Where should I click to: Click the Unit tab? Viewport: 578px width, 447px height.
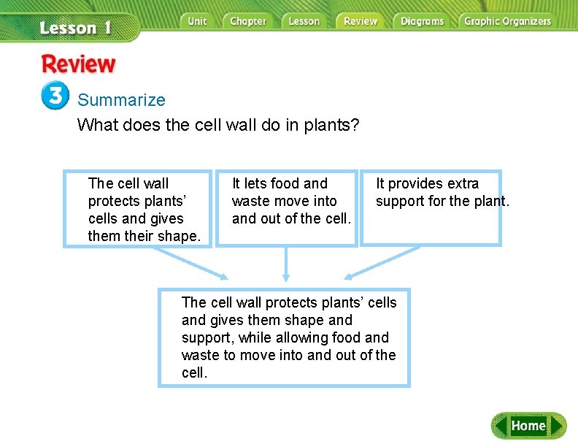197,21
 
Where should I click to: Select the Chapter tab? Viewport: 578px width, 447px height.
248,21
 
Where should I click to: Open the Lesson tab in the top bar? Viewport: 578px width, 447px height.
304,21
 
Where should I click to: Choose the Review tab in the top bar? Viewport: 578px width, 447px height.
361,21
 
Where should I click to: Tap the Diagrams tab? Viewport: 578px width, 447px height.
422,21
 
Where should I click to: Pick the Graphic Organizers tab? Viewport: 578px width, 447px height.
508,21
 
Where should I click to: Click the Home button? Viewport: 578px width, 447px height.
528,426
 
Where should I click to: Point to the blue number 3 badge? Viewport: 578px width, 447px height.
55,96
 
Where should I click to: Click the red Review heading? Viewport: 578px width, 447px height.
78,64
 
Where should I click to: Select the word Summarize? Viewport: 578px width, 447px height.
122,100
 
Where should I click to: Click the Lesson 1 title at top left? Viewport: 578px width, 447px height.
75,28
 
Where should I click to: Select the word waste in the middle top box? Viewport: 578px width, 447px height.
250,201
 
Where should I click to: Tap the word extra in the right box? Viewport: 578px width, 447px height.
458,183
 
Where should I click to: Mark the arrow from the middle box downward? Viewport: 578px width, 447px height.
286,264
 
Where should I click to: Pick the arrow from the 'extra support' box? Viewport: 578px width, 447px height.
382,263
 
